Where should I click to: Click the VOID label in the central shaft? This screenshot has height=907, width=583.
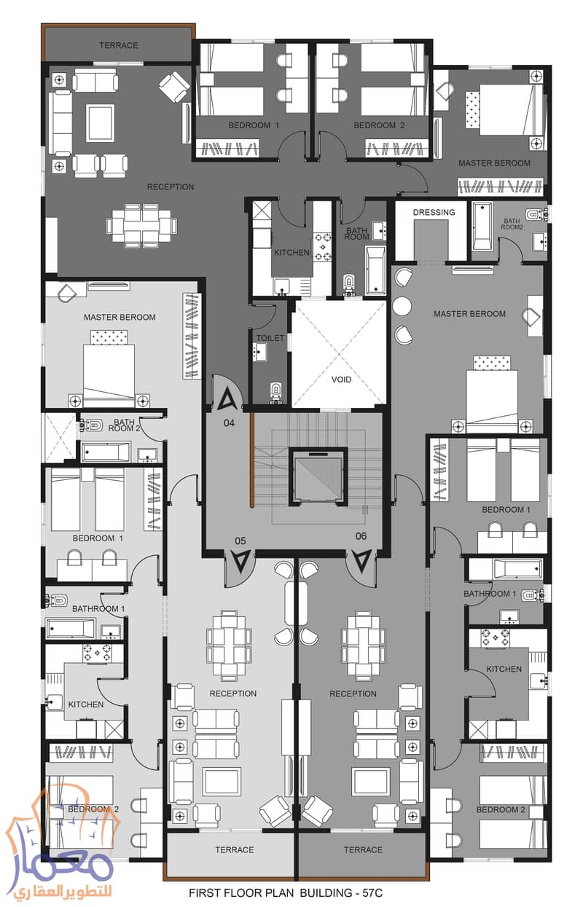(341, 380)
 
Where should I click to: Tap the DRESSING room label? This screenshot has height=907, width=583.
(434, 213)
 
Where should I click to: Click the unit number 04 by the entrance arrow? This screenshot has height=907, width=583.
(230, 422)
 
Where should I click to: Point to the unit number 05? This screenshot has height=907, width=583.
(239, 541)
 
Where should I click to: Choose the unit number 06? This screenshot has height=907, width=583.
(361, 537)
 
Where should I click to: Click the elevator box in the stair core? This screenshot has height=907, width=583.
(317, 476)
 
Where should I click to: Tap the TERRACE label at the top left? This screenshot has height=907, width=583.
(118, 45)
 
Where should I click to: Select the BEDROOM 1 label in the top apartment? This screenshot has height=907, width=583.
(254, 125)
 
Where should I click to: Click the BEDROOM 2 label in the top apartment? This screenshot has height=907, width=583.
(379, 125)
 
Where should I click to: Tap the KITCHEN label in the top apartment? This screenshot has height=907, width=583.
(291, 253)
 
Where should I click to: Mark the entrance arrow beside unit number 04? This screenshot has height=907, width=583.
(228, 399)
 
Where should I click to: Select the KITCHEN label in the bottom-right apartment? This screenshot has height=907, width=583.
(504, 669)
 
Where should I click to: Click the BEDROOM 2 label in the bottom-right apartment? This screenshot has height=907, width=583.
(501, 809)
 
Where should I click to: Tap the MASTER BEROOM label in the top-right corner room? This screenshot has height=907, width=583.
(494, 163)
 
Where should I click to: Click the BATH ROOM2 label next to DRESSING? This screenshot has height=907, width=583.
(512, 223)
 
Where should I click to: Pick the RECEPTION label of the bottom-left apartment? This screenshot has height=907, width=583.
(232, 694)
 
